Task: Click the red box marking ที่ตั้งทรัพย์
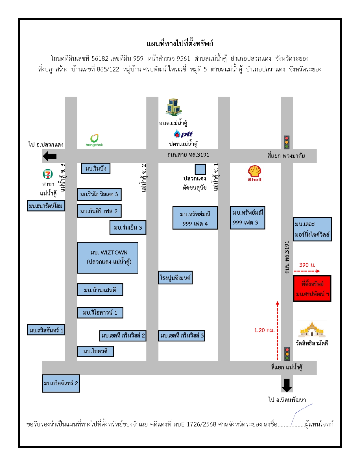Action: tap(312, 288)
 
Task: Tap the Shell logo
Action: tap(254, 173)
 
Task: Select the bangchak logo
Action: tap(94, 140)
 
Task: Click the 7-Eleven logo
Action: tap(48, 174)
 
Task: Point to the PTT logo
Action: tap(183, 134)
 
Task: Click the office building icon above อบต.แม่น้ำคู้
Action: tap(174, 107)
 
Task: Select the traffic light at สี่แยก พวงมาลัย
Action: tap(287, 142)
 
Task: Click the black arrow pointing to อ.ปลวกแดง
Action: tap(49, 156)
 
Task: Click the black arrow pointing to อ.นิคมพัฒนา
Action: tap(287, 385)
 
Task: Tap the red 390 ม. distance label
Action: tap(307, 265)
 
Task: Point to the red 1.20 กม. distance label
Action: tap(264, 330)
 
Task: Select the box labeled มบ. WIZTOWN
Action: tap(108, 258)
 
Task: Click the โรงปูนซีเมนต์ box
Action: tap(175, 278)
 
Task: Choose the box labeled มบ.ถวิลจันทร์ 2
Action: tap(61, 384)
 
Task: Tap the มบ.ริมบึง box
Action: tap(96, 168)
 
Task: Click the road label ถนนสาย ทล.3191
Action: tap(188, 155)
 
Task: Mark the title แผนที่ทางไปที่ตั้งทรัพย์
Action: tap(180, 44)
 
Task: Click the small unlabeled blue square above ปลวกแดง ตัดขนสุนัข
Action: tap(200, 169)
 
